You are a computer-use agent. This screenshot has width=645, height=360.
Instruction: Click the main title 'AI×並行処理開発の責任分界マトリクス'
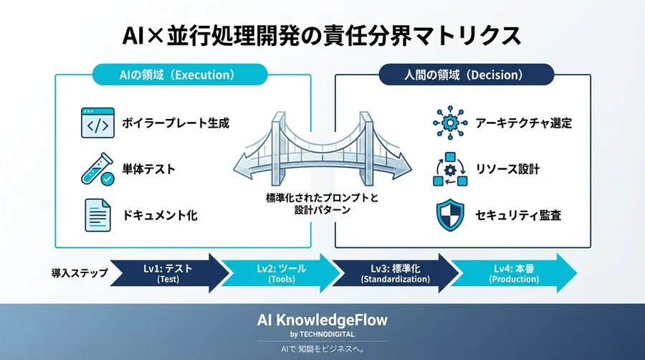tap(322, 34)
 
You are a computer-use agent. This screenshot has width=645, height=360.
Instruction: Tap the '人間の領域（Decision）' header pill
tap(466, 74)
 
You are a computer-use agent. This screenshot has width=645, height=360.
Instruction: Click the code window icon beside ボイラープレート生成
tap(97, 123)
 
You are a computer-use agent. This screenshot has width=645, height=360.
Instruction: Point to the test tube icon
tap(97, 169)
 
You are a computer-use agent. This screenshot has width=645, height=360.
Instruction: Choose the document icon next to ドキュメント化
tap(97, 214)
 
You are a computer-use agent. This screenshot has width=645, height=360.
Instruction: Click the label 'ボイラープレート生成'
tap(177, 123)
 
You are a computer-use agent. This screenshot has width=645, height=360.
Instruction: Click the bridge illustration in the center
tap(322, 151)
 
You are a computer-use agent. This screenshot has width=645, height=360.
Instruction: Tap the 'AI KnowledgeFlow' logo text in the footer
tap(322, 320)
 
